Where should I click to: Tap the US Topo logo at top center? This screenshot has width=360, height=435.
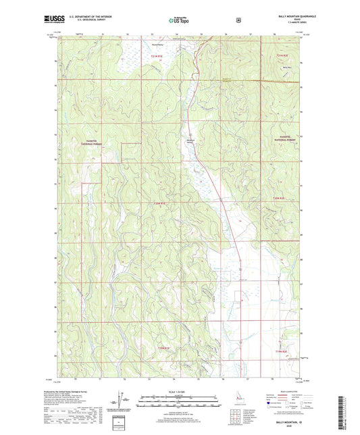click(x=179, y=21)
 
